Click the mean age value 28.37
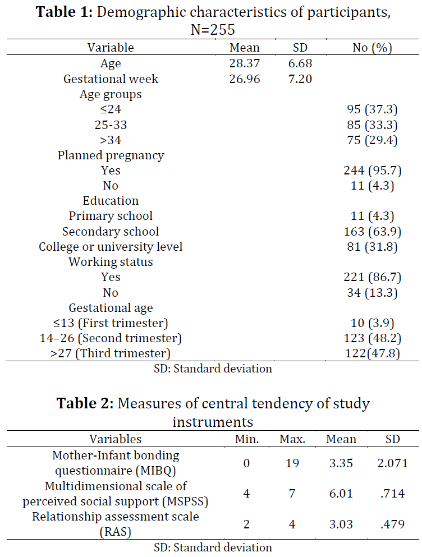pyautogui.click(x=244, y=63)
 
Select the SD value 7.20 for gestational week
pyautogui.click(x=300, y=79)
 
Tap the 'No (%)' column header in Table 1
pyautogui.click(x=372, y=48)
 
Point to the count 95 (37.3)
pyautogui.click(x=372, y=109)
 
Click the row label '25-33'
pyautogui.click(x=111, y=125)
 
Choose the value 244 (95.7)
pyautogui.click(x=372, y=171)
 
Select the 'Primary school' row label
pyautogui.click(x=111, y=216)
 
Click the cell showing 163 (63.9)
pyautogui.click(x=372, y=232)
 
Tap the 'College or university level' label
pyautogui.click(x=111, y=247)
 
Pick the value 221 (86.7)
pyautogui.click(x=372, y=277)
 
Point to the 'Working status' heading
pyautogui.click(x=111, y=262)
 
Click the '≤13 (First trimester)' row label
pyautogui.click(x=111, y=323)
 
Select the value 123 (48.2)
pyautogui.click(x=372, y=338)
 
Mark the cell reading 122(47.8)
pyautogui.click(x=372, y=353)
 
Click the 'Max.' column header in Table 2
pyautogui.click(x=292, y=439)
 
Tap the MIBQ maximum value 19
pyautogui.click(x=292, y=463)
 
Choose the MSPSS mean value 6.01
pyautogui.click(x=341, y=494)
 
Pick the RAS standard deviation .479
pyautogui.click(x=392, y=524)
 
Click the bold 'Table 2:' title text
pyautogui.click(x=85, y=403)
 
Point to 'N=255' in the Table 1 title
pyautogui.click(x=213, y=30)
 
